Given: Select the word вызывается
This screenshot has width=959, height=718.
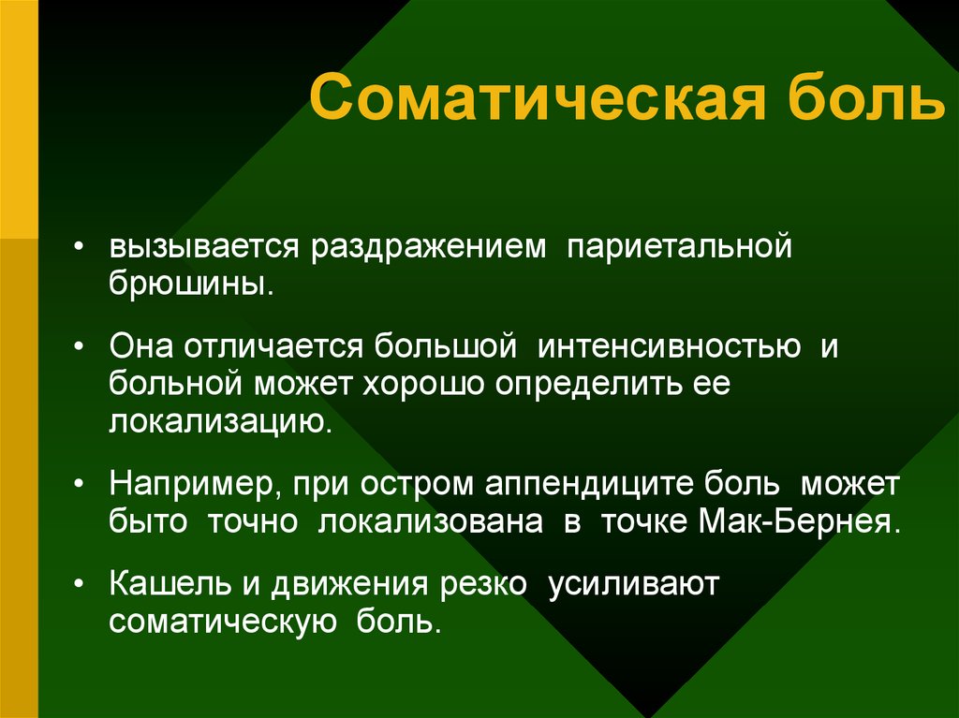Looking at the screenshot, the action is tap(204, 246).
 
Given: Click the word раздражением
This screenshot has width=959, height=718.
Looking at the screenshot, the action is tap(428, 248).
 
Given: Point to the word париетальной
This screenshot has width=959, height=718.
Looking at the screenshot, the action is tap(680, 246).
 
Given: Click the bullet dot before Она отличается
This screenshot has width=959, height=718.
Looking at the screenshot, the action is tap(78, 346).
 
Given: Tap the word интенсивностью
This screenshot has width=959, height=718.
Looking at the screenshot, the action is tap(669, 346).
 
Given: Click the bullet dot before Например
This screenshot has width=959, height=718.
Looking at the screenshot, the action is tap(78, 483).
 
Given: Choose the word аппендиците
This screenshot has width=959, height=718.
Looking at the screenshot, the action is tap(589, 484).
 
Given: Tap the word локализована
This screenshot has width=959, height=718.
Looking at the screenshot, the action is tap(430, 522).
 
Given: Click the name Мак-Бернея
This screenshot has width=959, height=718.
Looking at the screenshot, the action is tap(799, 521).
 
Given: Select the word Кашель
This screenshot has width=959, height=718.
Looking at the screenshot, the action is tap(170, 583).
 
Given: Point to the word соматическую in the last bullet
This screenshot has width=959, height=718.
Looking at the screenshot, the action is tap(223, 622).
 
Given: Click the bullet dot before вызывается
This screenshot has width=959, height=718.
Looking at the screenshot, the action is tap(78, 246).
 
